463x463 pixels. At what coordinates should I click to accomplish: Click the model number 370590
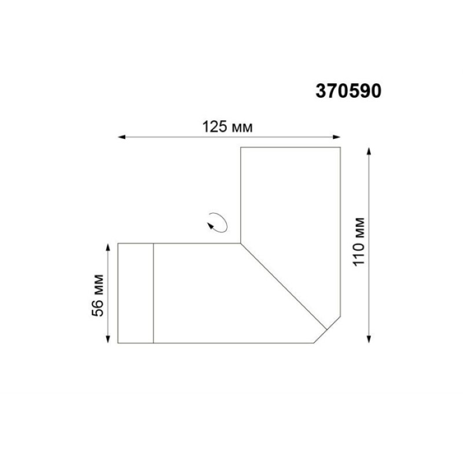pos(348,91)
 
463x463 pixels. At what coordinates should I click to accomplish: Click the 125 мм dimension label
pos(227,127)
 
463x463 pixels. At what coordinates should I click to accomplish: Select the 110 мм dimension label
pos(359,242)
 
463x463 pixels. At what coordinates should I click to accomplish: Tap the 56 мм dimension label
pos(98,296)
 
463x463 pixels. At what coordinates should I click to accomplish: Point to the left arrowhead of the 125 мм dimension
pos(122,137)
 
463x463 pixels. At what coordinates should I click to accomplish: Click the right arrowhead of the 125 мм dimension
pos(337,137)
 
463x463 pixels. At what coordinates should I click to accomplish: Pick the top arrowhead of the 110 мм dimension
pos(369,151)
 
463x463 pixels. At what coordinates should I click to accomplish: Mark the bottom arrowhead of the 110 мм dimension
pos(369,339)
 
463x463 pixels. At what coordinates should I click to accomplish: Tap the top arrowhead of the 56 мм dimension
pos(108,248)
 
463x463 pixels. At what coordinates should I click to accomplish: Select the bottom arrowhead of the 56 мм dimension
pos(108,339)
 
